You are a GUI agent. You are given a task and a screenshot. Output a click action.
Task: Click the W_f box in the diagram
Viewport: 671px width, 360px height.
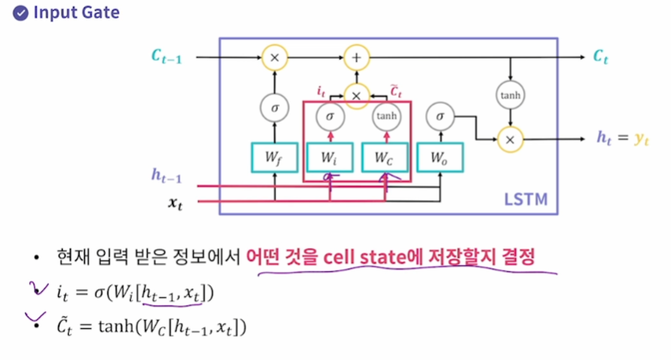[x=274, y=157]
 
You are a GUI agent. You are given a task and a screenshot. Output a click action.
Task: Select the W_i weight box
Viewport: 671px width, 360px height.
[x=329, y=157]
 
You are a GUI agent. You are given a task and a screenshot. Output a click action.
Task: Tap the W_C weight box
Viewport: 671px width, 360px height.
[x=387, y=157]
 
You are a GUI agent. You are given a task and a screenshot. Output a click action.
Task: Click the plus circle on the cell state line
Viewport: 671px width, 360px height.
[x=356, y=57]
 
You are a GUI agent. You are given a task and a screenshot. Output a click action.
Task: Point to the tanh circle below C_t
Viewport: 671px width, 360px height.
[x=511, y=96]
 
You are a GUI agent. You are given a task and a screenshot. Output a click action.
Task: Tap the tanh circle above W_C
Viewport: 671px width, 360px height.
[x=387, y=117]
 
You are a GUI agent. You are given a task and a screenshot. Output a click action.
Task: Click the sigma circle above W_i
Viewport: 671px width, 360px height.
[x=330, y=117]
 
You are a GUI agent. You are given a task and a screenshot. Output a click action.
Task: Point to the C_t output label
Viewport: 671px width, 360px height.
[x=601, y=57]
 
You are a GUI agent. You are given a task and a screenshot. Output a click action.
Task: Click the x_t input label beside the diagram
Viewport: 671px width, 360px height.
[x=174, y=202]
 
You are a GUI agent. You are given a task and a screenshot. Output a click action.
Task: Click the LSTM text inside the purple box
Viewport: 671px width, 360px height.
[x=526, y=200]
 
